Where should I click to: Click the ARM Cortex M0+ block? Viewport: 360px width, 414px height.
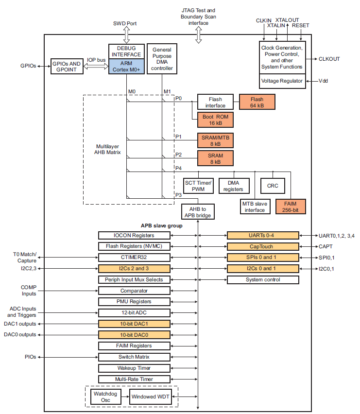coord(126,67)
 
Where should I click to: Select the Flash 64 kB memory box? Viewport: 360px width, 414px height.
coord(257,102)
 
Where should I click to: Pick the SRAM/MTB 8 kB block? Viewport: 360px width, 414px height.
coord(215,140)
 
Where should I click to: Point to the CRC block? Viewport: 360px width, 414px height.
coord(273,186)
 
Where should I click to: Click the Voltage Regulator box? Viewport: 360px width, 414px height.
coord(282,81)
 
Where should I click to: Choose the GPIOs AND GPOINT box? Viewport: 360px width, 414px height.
coord(67,67)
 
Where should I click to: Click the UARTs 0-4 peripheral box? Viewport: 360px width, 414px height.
coord(263,235)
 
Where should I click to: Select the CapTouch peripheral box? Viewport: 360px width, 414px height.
coord(263,246)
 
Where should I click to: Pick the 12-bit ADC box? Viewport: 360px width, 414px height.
coord(134,312)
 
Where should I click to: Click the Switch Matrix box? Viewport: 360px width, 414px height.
coord(134,357)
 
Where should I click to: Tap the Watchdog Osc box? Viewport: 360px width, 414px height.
coord(105,397)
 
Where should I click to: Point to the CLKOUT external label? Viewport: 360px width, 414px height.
coord(329,59)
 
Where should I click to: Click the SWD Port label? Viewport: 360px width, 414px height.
coord(125,23)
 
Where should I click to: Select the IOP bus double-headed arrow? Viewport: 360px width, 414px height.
coord(96,67)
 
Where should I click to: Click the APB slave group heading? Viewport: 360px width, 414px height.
coord(161,226)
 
